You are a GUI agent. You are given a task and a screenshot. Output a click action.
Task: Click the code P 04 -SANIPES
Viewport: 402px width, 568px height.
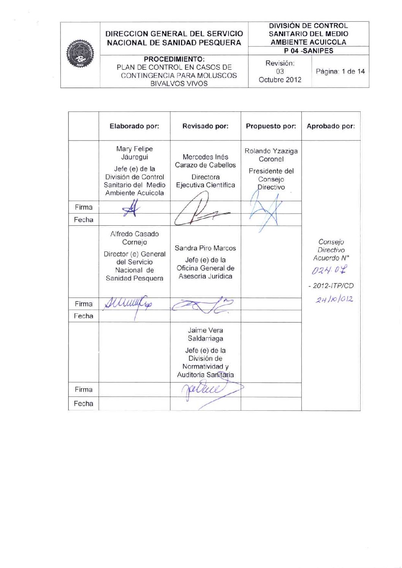pyautogui.click(x=309, y=51)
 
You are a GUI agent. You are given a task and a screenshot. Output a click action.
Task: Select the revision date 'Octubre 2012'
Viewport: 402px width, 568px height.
pyautogui.click(x=280, y=80)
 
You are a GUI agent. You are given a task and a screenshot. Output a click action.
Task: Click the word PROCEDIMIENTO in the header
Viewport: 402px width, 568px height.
pyautogui.click(x=174, y=59)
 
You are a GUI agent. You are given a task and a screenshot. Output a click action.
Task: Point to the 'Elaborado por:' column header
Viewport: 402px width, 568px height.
pyautogui.click(x=134, y=126)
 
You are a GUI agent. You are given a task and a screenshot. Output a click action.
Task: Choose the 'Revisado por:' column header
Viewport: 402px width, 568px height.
pyautogui.click(x=205, y=126)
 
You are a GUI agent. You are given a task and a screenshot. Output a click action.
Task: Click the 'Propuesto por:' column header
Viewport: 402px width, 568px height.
pyautogui.click(x=271, y=126)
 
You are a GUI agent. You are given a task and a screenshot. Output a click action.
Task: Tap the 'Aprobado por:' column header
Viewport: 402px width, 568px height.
pyautogui.click(x=331, y=126)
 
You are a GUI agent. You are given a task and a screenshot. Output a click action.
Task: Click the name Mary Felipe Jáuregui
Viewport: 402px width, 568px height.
pyautogui.click(x=135, y=153)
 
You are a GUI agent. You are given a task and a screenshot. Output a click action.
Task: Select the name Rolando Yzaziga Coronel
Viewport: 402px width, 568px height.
pyautogui.click(x=271, y=155)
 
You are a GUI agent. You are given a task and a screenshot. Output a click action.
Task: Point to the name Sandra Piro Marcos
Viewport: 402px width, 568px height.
pyautogui.click(x=205, y=248)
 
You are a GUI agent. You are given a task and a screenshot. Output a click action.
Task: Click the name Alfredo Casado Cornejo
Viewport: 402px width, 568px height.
pyautogui.click(x=135, y=238)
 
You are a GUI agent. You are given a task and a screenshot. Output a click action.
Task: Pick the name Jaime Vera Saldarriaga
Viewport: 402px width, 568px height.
pyautogui.click(x=205, y=334)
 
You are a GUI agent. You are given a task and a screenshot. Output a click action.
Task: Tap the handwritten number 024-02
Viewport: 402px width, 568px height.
pyautogui.click(x=330, y=271)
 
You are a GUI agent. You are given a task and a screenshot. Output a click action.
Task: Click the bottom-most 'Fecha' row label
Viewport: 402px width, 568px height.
pyautogui.click(x=84, y=403)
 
